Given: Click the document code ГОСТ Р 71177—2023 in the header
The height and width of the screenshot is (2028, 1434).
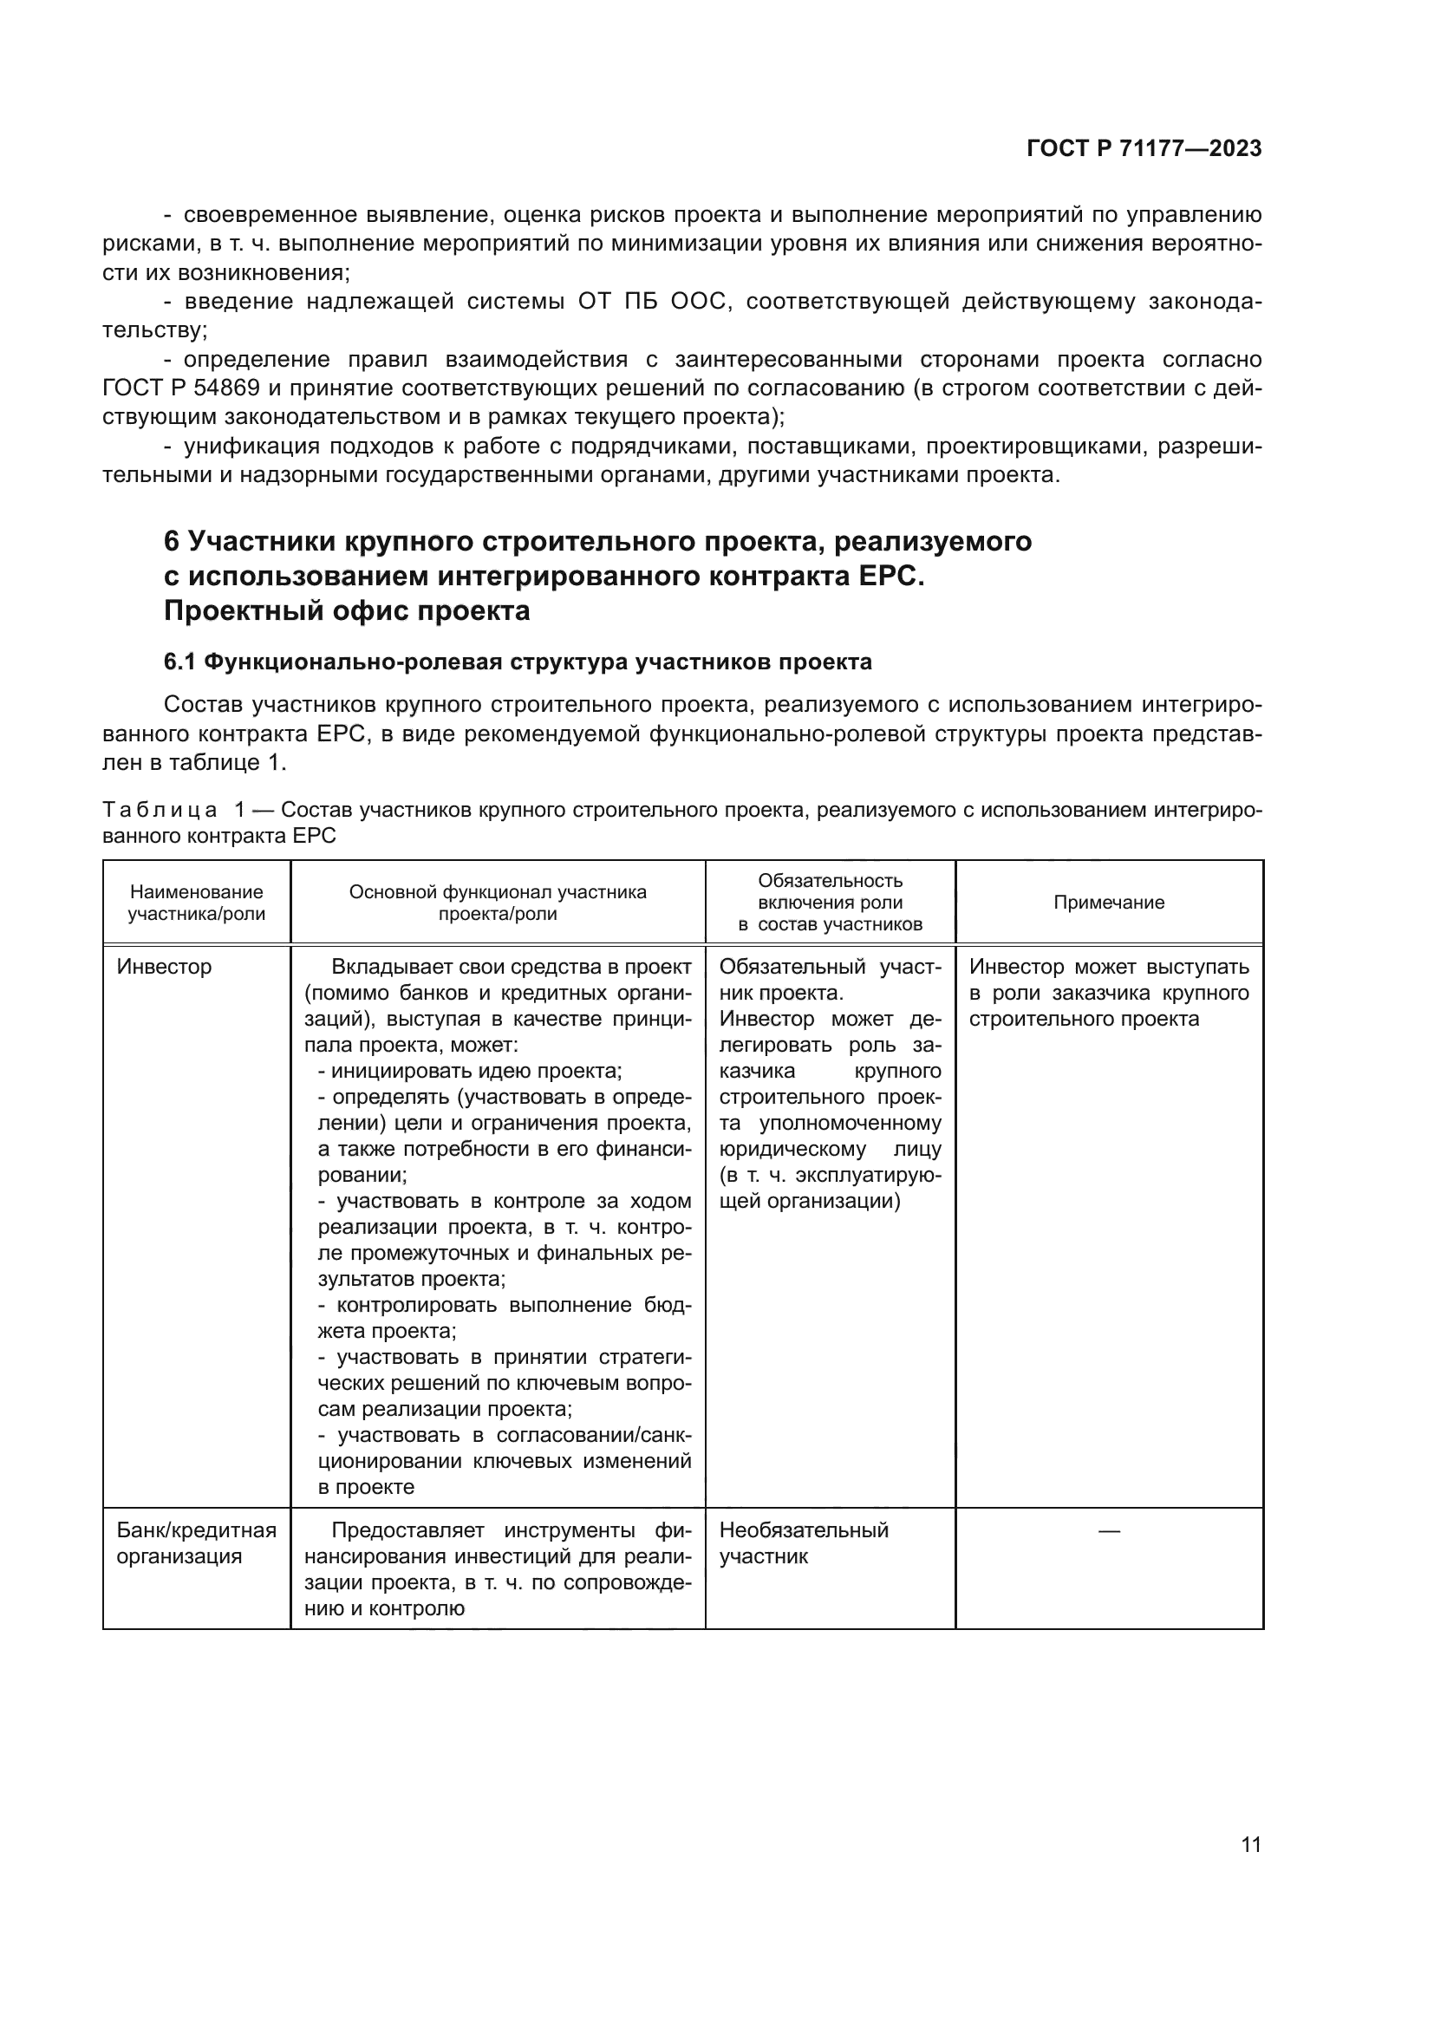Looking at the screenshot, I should pos(1144,148).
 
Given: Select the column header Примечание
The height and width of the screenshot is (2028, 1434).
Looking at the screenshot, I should pos(1108,902).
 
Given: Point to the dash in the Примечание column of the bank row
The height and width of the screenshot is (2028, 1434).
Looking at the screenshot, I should pos(1108,1529).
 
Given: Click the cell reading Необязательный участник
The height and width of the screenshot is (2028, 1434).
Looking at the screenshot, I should pos(803,1542).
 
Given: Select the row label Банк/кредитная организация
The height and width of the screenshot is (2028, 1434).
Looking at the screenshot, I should pos(196,1542).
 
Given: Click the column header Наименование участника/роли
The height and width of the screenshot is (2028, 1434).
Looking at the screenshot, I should pos(196,902).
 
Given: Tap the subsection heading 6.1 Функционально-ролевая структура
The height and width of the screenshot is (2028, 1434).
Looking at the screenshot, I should pos(518,662).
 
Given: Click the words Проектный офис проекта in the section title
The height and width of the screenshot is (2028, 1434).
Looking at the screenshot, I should pos(346,610).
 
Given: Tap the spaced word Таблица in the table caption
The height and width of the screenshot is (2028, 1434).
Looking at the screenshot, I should pos(160,809).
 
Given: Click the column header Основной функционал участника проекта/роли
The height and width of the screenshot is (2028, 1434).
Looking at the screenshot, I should pos(497,902).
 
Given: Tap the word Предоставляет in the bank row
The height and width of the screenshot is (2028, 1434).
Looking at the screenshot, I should pos(408,1529).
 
